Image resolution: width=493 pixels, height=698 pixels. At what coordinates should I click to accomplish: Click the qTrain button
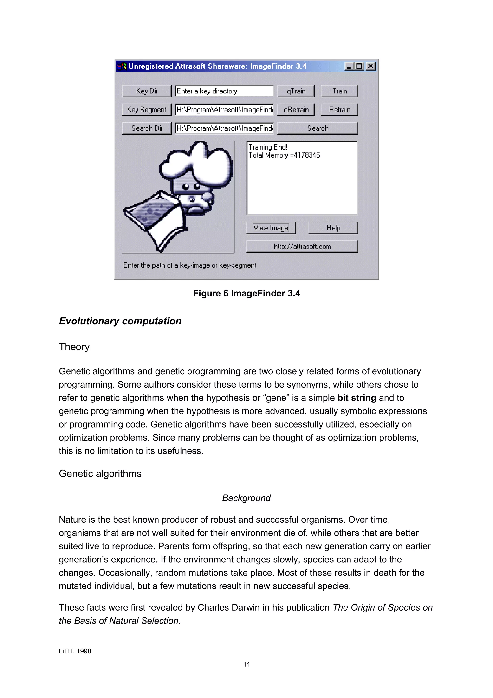pyautogui.click(x=296, y=91)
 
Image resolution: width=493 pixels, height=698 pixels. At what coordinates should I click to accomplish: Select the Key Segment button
pyautogui.click(x=146, y=110)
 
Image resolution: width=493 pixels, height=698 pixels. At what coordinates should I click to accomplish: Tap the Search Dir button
pyautogui.click(x=146, y=128)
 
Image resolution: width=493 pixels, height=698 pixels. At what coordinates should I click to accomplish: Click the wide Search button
pyautogui.click(x=318, y=128)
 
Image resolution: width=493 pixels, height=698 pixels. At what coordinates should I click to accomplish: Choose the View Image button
pyautogui.click(x=271, y=228)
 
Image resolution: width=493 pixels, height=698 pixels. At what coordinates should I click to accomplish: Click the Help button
pyautogui.click(x=333, y=228)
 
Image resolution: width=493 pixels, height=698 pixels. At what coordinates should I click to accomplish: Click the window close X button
pyautogui.click(x=370, y=66)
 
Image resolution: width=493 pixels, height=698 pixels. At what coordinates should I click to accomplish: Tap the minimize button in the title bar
pyautogui.click(x=349, y=66)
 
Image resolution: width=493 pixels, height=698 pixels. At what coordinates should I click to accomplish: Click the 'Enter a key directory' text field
pyautogui.click(x=224, y=91)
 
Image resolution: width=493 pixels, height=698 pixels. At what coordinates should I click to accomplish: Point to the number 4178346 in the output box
pyautogui.click(x=307, y=155)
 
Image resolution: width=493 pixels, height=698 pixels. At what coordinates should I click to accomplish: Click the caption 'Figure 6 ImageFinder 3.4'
pyautogui.click(x=246, y=293)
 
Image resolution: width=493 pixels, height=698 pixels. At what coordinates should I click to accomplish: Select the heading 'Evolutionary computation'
pyautogui.click(x=120, y=321)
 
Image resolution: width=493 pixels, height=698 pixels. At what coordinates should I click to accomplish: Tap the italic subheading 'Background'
pyautogui.click(x=246, y=498)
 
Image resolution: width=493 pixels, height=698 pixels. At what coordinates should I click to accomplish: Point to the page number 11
pyautogui.click(x=246, y=664)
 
